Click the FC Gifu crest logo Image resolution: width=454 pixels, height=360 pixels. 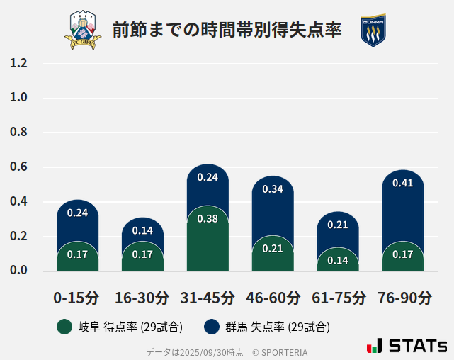point(83,30)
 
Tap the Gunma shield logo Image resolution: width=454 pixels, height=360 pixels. point(373,30)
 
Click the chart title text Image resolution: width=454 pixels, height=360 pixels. point(227,30)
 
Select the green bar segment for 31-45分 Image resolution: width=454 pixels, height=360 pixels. point(208,241)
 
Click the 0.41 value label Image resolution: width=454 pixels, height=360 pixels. point(402,183)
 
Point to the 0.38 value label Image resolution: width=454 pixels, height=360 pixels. point(208,219)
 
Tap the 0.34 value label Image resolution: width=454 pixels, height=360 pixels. point(273,189)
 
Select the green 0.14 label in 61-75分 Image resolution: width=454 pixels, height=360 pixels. point(338,260)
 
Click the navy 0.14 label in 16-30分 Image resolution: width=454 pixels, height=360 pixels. point(142,230)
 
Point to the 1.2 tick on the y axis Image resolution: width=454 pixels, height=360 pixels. point(19,64)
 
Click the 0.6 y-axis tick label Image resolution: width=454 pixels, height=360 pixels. point(19,167)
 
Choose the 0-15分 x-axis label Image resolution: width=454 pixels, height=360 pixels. point(76,298)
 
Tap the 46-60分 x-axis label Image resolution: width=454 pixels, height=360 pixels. point(273,298)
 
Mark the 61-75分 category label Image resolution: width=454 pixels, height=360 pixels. point(338,298)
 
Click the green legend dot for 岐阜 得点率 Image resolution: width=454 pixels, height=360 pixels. point(64,327)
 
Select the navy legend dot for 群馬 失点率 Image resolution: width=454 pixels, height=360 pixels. point(211,327)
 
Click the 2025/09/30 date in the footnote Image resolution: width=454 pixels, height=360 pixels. point(204,351)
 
